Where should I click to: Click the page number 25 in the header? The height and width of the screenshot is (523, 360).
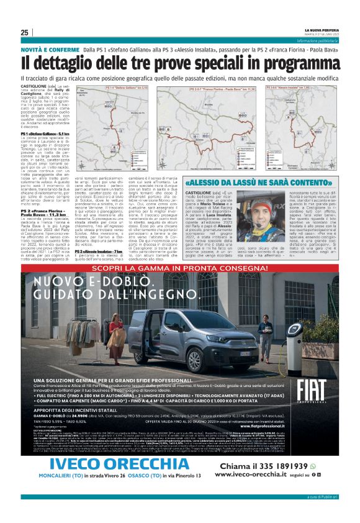pos(25,33)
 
